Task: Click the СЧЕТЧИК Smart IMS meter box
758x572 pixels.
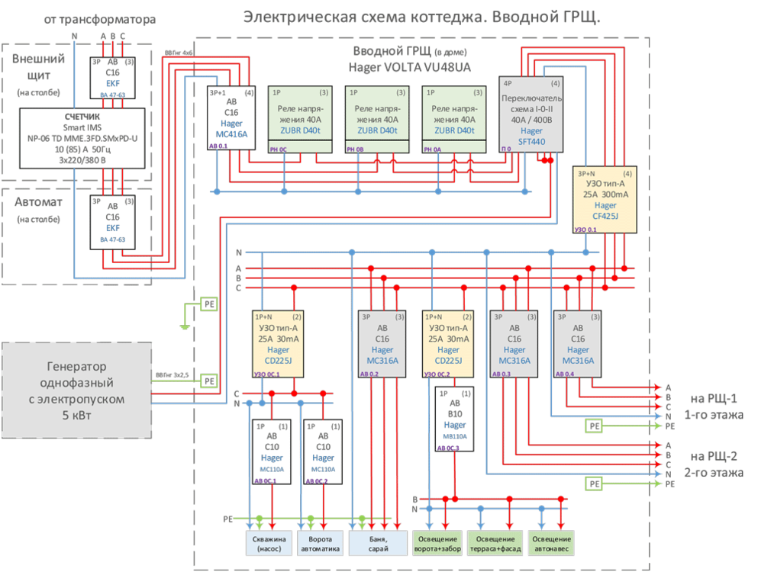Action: click(82, 140)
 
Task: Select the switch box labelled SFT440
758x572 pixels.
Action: click(532, 114)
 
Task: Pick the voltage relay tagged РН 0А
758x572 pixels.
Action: click(453, 121)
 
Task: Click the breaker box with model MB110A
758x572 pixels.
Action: click(455, 420)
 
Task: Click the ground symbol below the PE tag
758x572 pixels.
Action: click(184, 326)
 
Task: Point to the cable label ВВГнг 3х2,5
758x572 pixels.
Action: click(169, 375)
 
